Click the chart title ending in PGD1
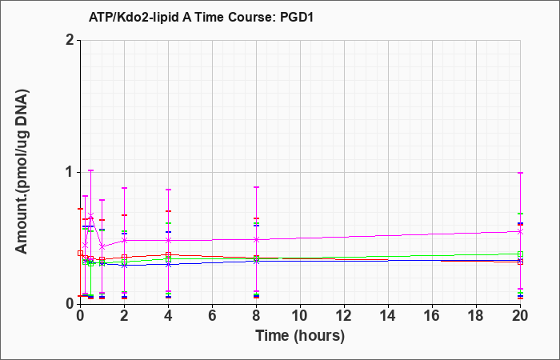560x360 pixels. (x=201, y=17)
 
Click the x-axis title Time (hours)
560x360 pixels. (x=300, y=336)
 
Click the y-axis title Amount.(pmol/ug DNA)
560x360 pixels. (x=22, y=172)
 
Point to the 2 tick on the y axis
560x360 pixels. (x=70, y=40)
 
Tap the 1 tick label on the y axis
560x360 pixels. (x=70, y=173)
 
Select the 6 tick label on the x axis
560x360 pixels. (x=212, y=316)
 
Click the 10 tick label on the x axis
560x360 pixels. (x=300, y=316)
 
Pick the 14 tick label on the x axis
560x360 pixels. (x=388, y=316)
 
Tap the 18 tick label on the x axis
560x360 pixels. (x=476, y=316)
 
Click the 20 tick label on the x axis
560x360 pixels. (x=520, y=316)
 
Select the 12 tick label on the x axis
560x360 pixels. (x=344, y=316)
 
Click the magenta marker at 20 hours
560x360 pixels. (x=520, y=231)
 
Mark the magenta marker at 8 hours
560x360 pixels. (x=256, y=240)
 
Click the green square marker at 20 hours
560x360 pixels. (x=520, y=254)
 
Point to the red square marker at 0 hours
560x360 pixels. (x=80, y=254)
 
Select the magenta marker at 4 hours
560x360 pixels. (x=168, y=240)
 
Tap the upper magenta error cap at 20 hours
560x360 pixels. (x=520, y=173)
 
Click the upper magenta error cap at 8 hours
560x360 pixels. (x=256, y=187)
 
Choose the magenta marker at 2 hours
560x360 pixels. (x=124, y=240)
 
